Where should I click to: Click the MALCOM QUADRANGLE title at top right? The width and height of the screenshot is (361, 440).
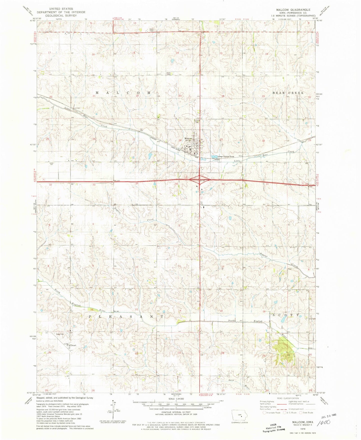(x=293, y=10)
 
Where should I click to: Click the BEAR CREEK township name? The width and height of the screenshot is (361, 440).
(x=288, y=93)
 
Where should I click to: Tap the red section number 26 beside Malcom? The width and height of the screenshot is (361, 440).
(x=180, y=140)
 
